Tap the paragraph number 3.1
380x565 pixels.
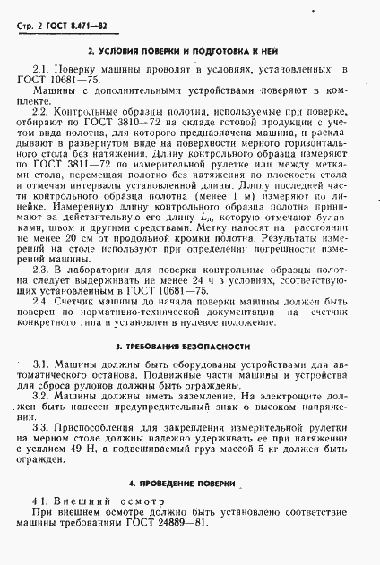(x=41, y=364)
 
